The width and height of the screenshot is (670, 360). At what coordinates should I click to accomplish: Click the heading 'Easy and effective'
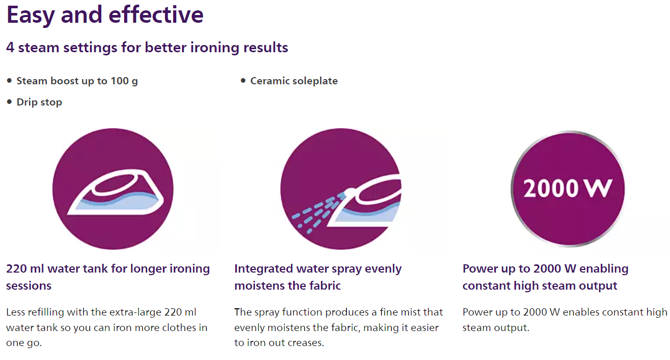click(x=105, y=16)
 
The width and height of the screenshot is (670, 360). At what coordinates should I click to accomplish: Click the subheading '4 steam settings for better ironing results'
click(x=147, y=48)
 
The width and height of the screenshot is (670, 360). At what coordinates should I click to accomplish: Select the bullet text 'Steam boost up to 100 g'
click(x=77, y=81)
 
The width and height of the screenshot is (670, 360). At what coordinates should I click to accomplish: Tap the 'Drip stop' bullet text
click(x=39, y=102)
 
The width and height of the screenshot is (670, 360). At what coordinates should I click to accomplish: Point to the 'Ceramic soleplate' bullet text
click(x=294, y=81)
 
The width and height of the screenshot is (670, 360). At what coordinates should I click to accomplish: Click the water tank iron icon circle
click(x=113, y=189)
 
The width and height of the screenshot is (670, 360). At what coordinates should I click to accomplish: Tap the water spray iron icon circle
click(x=341, y=189)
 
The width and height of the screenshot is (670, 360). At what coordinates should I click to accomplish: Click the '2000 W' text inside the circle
click(x=568, y=188)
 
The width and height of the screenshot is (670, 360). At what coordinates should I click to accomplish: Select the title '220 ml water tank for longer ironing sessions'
click(x=108, y=277)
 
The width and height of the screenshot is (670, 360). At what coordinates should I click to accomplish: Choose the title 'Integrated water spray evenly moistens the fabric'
click(x=318, y=277)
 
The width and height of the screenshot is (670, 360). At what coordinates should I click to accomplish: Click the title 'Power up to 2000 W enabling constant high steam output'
click(x=545, y=277)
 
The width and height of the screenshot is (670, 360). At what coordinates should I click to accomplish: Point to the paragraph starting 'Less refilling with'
click(x=107, y=327)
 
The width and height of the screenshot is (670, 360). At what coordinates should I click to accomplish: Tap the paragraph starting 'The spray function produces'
click(x=339, y=327)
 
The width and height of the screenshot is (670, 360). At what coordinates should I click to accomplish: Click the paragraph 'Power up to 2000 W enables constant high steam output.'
click(x=565, y=320)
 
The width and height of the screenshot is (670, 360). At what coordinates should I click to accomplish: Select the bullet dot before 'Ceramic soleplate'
click(x=243, y=81)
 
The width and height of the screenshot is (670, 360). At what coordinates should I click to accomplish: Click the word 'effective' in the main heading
click(x=156, y=15)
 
